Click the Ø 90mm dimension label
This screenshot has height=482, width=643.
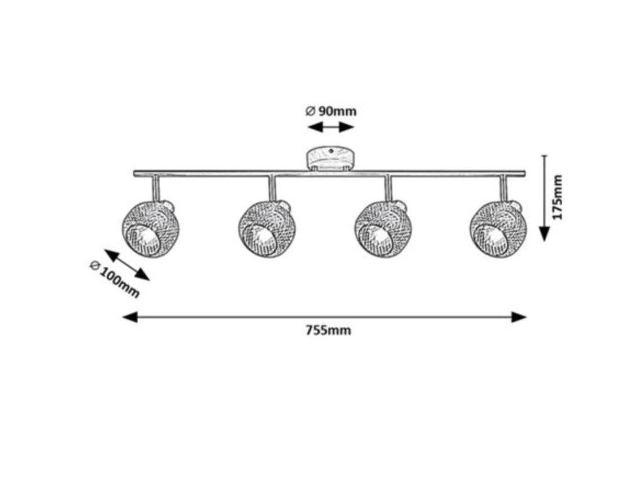click(x=331, y=111)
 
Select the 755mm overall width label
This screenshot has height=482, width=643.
click(x=328, y=331)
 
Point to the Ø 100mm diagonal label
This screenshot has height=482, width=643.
click(x=114, y=279)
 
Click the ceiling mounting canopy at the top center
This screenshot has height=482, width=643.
click(x=330, y=159)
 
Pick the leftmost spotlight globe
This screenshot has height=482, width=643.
click(x=151, y=228)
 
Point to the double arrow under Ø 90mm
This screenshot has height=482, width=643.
click(x=331, y=127)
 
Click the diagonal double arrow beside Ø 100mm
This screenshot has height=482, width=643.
click(x=127, y=265)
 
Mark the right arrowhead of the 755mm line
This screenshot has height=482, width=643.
click(x=519, y=317)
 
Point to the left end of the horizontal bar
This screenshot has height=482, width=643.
click(x=136, y=173)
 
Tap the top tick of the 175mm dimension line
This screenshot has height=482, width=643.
click(x=544, y=156)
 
